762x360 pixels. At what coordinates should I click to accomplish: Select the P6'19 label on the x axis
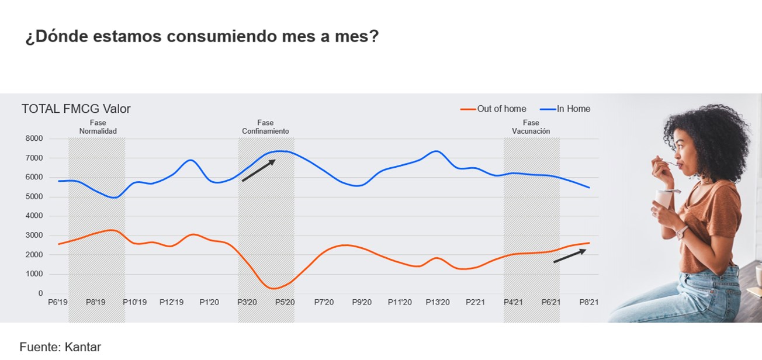pyautogui.click(x=58, y=302)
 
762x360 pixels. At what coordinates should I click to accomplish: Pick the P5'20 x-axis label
pyautogui.click(x=285, y=302)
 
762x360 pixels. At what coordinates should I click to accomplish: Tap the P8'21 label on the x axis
pyautogui.click(x=588, y=302)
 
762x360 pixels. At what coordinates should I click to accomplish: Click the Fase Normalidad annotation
pyautogui.click(x=98, y=127)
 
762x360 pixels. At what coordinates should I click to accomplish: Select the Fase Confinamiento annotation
pyautogui.click(x=265, y=127)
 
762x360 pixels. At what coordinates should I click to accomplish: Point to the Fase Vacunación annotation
pyautogui.click(x=531, y=127)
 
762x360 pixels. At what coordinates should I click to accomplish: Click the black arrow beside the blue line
pyautogui.click(x=258, y=171)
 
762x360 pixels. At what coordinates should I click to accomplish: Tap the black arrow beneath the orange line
pyautogui.click(x=570, y=255)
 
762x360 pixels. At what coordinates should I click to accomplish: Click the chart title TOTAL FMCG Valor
pyautogui.click(x=76, y=109)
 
